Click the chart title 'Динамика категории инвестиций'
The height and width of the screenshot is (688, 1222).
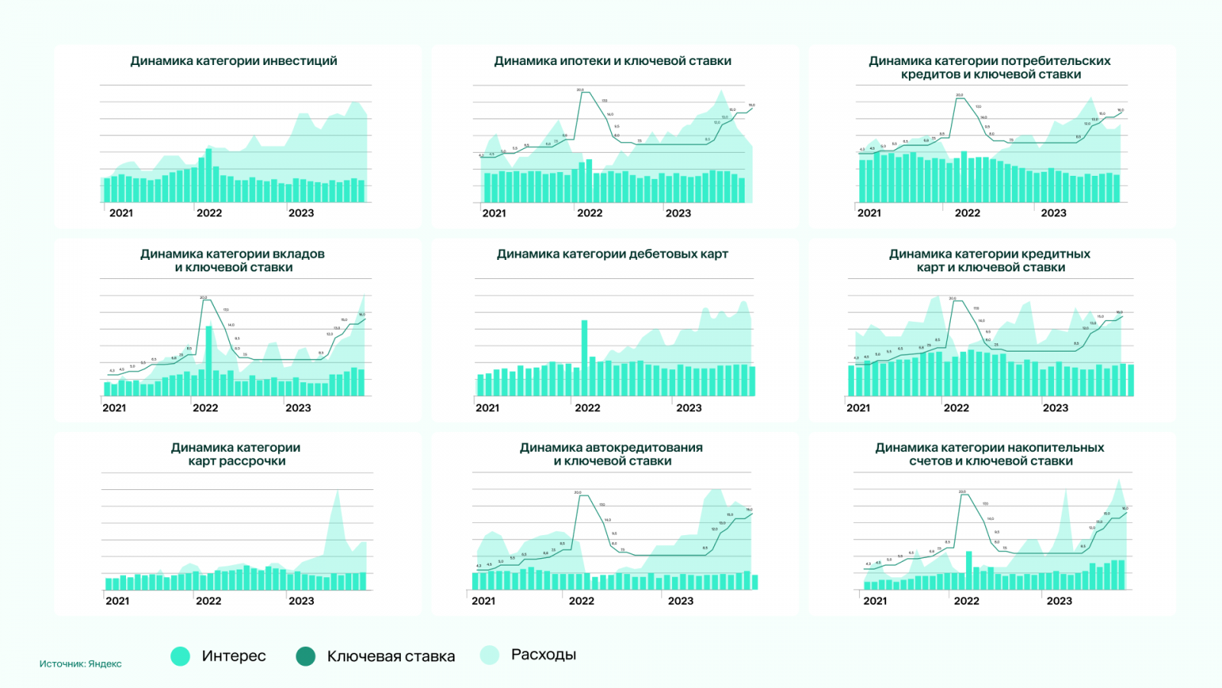[234, 61]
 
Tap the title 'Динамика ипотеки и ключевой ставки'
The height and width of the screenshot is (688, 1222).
[613, 61]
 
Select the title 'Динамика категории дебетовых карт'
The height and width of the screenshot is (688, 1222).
[613, 254]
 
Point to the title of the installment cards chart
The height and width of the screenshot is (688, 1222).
[236, 454]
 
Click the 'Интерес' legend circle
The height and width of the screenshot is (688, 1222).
[181, 656]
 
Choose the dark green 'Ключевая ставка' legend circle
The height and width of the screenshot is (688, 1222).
[305, 656]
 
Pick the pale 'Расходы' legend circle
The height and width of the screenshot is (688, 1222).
[490, 654]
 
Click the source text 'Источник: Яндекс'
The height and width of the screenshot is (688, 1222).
[80, 664]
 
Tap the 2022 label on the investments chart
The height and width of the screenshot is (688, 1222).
[209, 213]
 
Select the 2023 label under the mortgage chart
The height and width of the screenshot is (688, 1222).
[678, 213]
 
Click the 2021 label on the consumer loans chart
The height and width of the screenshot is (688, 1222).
[869, 213]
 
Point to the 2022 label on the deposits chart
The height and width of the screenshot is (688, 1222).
[205, 407]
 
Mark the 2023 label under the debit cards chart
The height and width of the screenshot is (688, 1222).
[689, 407]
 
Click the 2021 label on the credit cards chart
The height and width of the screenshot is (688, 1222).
[858, 407]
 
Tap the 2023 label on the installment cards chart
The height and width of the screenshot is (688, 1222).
[301, 601]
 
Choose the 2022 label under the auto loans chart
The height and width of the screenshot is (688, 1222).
[581, 601]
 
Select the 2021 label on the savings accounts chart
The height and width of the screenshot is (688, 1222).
[875, 601]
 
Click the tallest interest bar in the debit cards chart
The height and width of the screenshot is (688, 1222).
[584, 358]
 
